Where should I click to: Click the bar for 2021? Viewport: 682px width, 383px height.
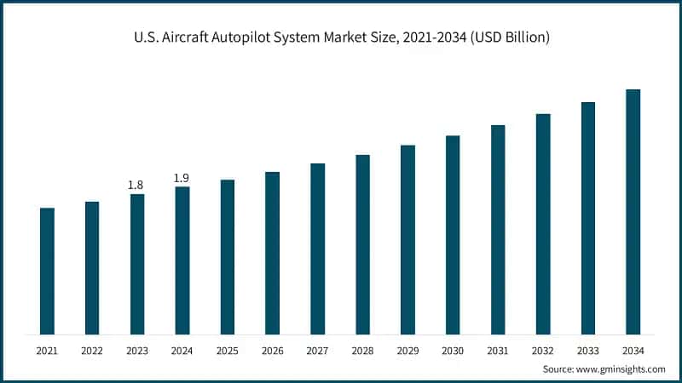tap(47, 271)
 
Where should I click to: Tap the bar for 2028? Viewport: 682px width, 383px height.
tap(362, 244)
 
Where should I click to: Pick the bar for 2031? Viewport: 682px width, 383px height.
tap(498, 229)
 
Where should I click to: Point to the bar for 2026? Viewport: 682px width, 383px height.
tap(272, 253)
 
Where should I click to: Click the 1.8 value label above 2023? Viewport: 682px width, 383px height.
tap(136, 185)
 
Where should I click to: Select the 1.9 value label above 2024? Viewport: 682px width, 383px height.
tap(182, 177)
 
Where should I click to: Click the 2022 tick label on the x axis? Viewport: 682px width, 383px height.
tap(92, 350)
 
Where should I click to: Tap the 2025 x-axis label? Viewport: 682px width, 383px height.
tap(227, 350)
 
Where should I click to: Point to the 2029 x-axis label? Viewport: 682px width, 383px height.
tap(407, 350)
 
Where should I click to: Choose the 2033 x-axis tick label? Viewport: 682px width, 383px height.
tap(587, 350)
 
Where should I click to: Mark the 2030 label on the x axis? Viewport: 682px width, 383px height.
tap(453, 350)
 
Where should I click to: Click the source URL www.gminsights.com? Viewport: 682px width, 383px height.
tap(621, 369)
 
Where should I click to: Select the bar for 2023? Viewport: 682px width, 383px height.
tap(137, 264)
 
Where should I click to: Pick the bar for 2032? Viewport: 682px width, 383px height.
tap(543, 224)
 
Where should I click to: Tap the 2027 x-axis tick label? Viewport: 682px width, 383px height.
tap(317, 350)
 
